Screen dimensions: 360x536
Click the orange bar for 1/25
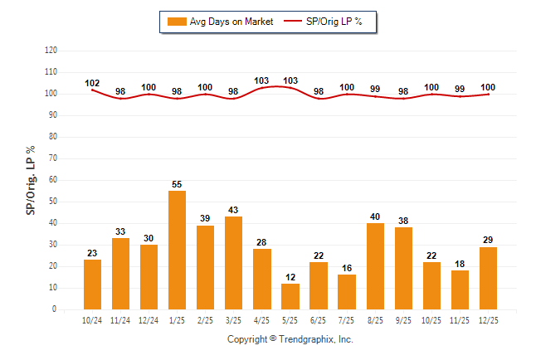pos(177,250)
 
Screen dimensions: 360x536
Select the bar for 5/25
pos(290,296)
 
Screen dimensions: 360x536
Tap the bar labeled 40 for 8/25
pos(375,265)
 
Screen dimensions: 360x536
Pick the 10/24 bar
pos(92,285)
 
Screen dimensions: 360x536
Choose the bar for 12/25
pos(488,278)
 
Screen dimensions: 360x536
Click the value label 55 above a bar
pos(177,183)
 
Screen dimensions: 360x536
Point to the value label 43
pos(233,209)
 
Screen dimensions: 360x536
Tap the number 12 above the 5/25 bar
pos(290,276)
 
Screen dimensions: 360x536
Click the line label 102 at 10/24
pos(92,83)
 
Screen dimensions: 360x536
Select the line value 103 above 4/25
pos(261,80)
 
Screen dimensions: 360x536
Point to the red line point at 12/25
pos(488,94)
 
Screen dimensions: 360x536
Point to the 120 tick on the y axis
pos(51,51)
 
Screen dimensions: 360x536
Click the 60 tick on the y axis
pos(52,180)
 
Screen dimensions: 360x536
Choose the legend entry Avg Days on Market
pos(219,22)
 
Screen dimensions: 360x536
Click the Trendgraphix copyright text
pos(290,339)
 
